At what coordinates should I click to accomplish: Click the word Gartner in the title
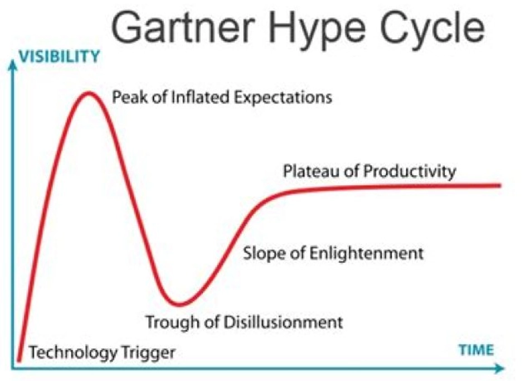click(183, 27)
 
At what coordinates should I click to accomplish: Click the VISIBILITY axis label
click(59, 56)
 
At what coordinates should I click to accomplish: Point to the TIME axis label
click(476, 350)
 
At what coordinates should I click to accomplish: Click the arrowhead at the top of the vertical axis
click(13, 65)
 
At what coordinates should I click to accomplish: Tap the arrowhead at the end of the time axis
click(499, 369)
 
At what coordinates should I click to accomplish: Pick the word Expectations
click(283, 98)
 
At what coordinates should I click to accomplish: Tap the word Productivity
click(410, 172)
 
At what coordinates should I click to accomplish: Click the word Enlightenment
click(366, 253)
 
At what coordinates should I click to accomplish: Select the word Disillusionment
click(283, 322)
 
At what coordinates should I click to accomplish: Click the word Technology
click(74, 353)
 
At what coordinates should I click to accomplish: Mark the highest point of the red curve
click(89, 93)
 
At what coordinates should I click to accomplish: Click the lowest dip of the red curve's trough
click(180, 304)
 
